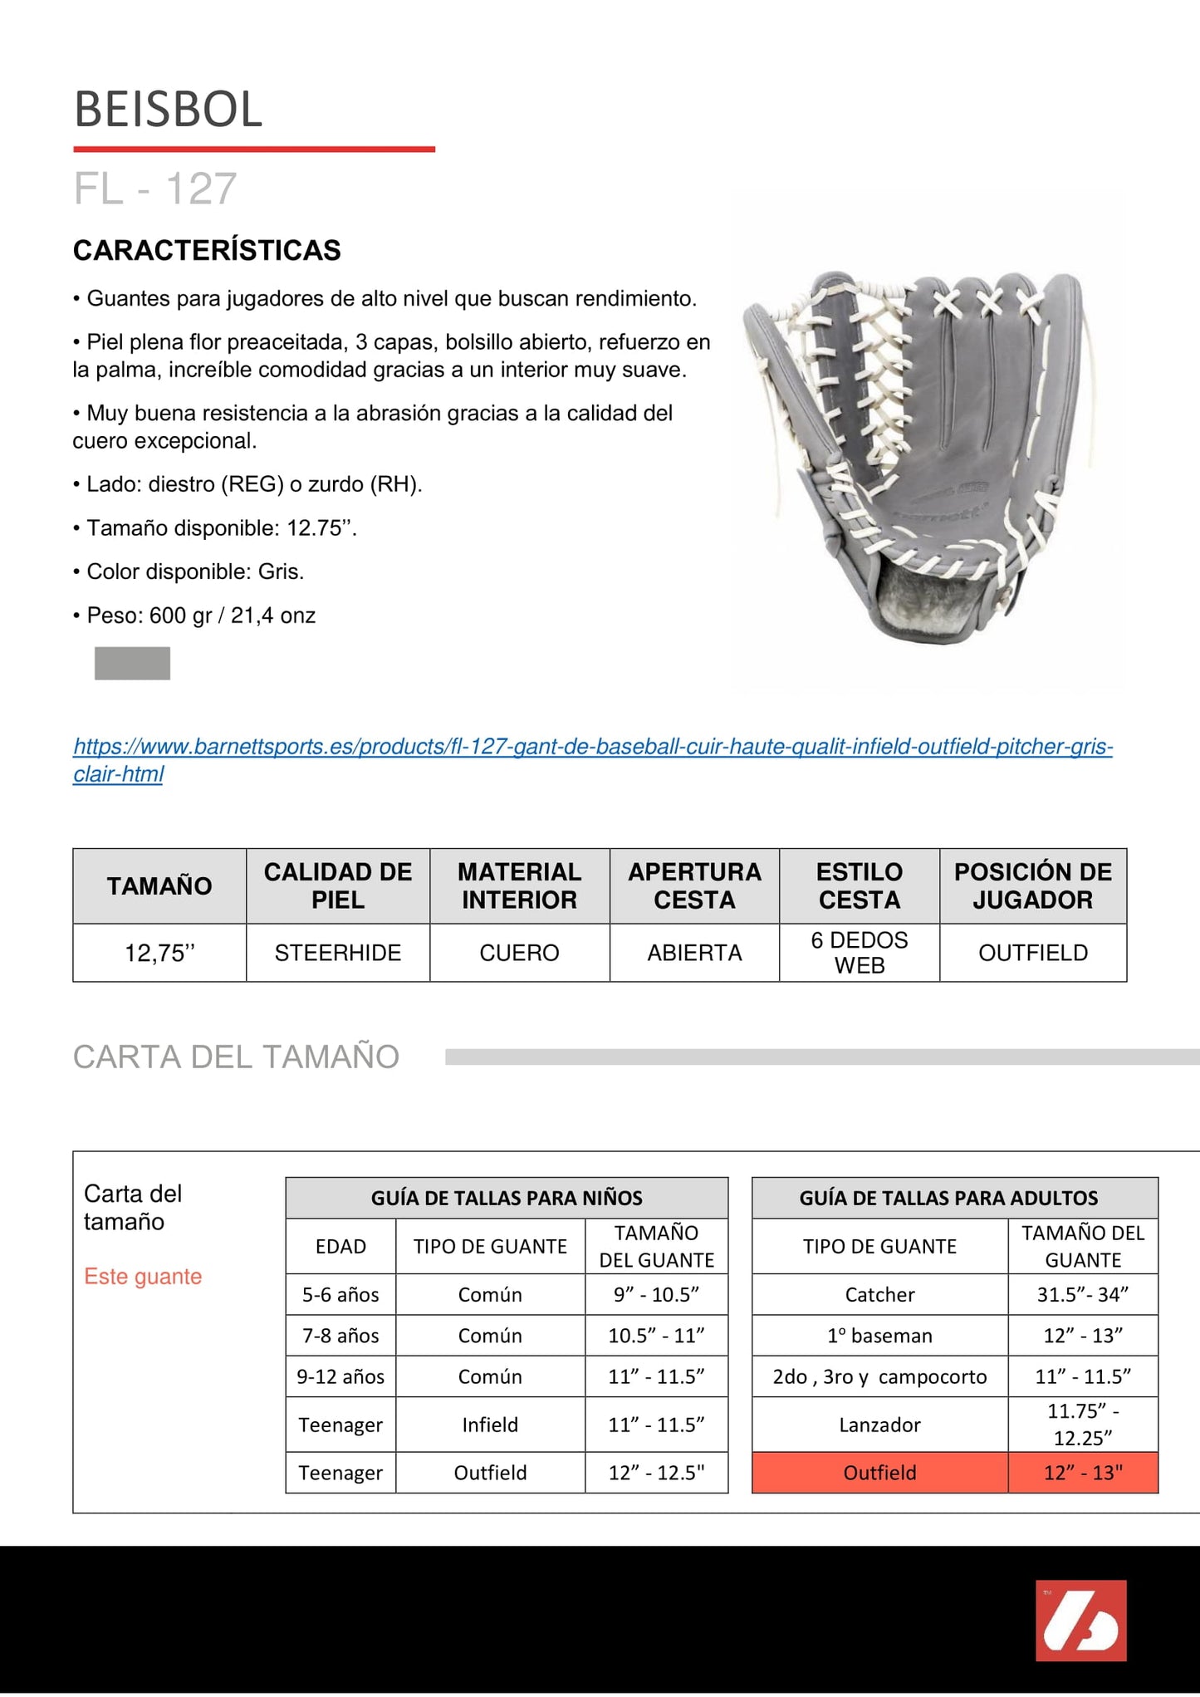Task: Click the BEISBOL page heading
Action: pyautogui.click(x=168, y=110)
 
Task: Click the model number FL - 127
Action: pyautogui.click(x=155, y=189)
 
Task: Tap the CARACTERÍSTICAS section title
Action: pyautogui.click(x=207, y=250)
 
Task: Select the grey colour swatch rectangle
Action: pyautogui.click(x=132, y=663)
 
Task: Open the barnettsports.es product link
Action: pyautogui.click(x=592, y=747)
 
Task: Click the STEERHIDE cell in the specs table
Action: pyautogui.click(x=337, y=953)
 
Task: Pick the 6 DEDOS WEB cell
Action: pyautogui.click(x=859, y=953)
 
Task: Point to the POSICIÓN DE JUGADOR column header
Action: pyautogui.click(x=1032, y=885)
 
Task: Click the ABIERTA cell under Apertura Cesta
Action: pyautogui.click(x=694, y=953)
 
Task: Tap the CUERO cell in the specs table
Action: pyautogui.click(x=519, y=953)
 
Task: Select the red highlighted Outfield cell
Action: pyautogui.click(x=879, y=1473)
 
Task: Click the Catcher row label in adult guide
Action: pyautogui.click(x=879, y=1294)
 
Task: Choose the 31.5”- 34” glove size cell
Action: pyautogui.click(x=1082, y=1294)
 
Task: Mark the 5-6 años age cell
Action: pyautogui.click(x=340, y=1294)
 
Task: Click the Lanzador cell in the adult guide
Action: pyautogui.click(x=879, y=1425)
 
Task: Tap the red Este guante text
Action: pyautogui.click(x=143, y=1276)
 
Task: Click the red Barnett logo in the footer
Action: pyautogui.click(x=1080, y=1620)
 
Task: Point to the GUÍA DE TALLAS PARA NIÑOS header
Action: pyautogui.click(x=507, y=1198)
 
